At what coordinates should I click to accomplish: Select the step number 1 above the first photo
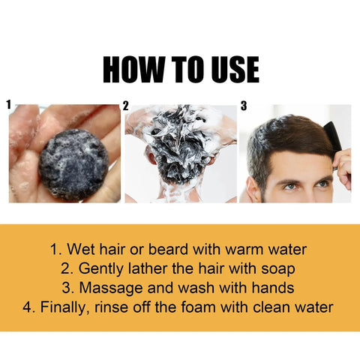tap(8, 106)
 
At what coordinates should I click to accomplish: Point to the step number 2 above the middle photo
tap(125, 106)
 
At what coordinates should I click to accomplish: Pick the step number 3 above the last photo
tap(243, 106)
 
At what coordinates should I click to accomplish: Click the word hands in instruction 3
tap(273, 287)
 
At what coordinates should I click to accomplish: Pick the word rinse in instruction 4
tap(121, 307)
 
